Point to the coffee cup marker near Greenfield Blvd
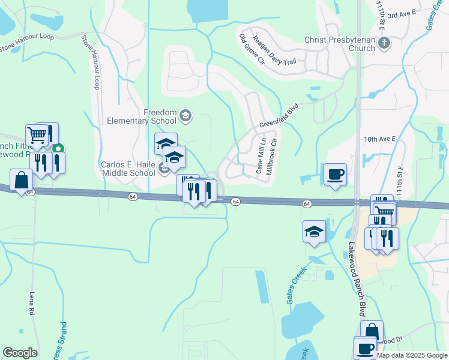[336, 175]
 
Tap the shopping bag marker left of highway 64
[22, 181]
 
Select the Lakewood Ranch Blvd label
[363, 279]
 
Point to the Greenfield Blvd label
[279, 117]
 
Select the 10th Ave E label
[381, 139]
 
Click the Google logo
[20, 353]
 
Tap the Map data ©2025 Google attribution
[411, 355]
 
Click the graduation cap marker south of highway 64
[314, 232]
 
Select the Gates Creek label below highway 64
[297, 284]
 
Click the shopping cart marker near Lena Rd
[37, 136]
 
